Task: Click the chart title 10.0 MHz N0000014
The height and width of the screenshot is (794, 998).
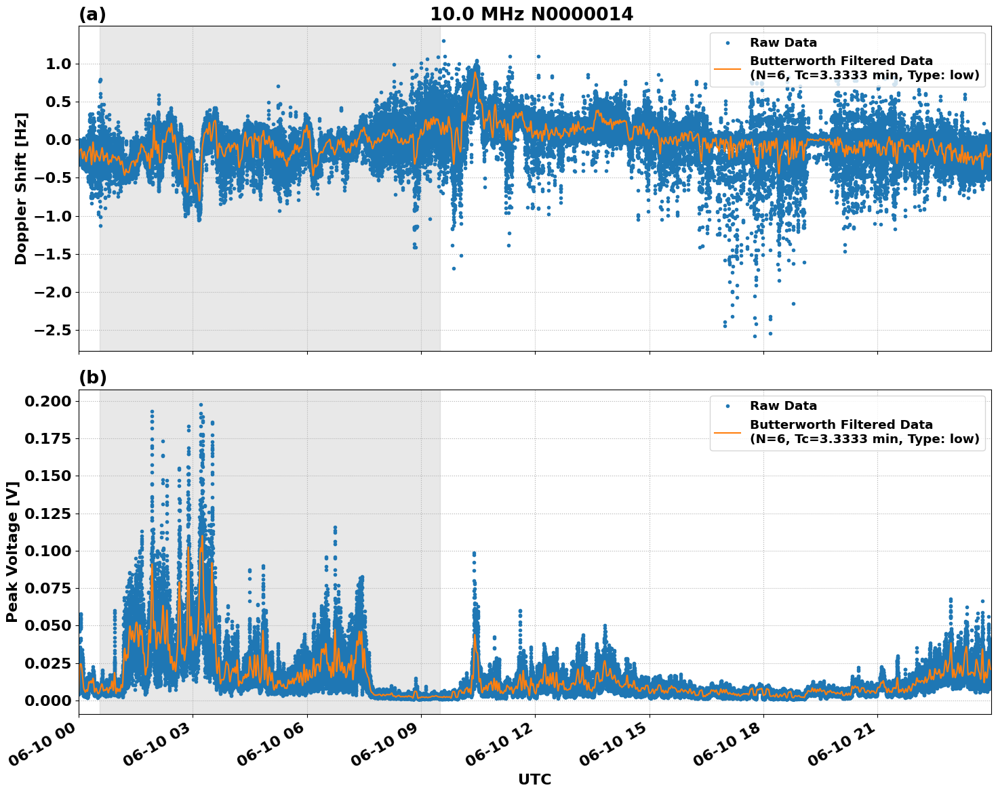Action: point(532,14)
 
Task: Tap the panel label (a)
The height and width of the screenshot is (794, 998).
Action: point(92,14)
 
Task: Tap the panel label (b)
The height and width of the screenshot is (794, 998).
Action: point(92,378)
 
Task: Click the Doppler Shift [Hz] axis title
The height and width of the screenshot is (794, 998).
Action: point(21,188)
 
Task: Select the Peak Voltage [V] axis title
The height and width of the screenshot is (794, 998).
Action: point(12,551)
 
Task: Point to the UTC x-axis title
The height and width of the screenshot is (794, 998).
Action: point(534,779)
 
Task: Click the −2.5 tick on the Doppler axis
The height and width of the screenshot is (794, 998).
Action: point(52,330)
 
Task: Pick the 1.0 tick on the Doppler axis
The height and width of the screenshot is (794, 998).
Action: point(58,64)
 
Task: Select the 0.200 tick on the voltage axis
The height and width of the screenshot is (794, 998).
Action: point(47,401)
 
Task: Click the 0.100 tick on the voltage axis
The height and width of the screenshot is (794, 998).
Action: point(47,551)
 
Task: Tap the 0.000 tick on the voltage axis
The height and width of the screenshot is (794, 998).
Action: point(47,700)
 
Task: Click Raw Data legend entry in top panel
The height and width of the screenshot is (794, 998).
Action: point(783,43)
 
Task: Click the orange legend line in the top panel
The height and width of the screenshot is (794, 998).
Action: point(727,68)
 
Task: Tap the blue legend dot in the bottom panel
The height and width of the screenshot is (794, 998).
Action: point(727,406)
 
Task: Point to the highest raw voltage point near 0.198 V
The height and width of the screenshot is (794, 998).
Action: point(201,404)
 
